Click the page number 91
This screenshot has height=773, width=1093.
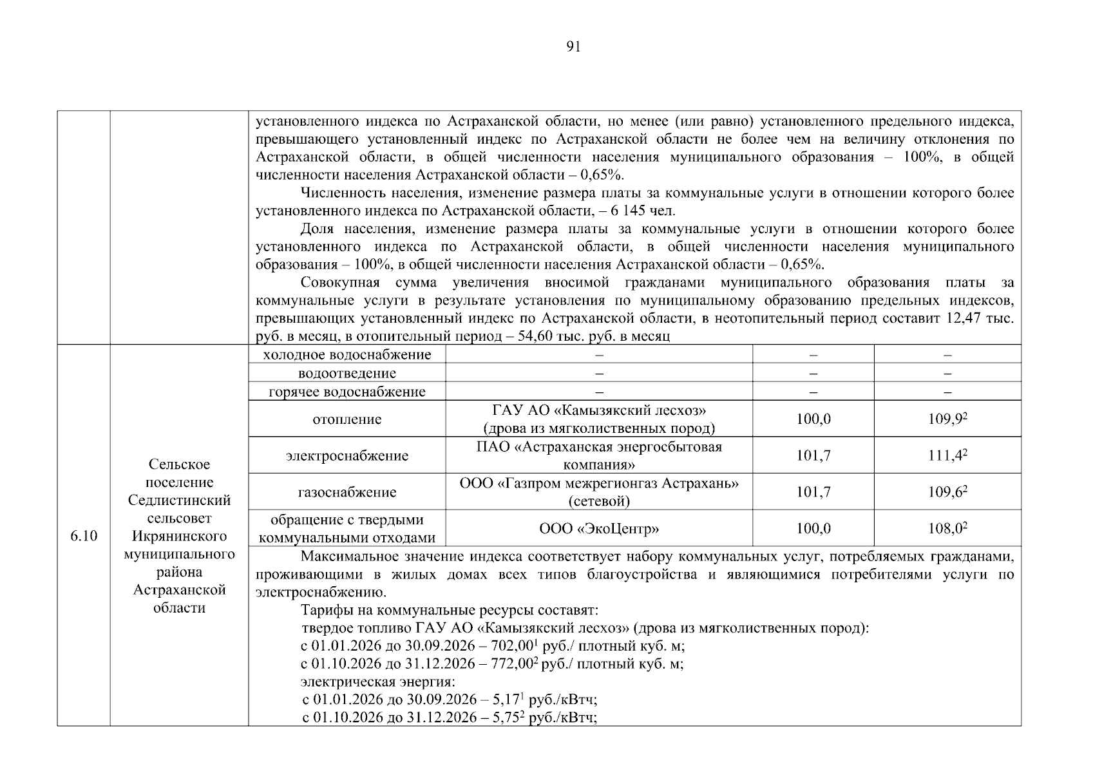(573, 46)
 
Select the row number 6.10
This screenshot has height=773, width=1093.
(84, 536)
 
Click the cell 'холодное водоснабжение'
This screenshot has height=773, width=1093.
(347, 355)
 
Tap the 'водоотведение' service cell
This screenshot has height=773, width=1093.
(347, 374)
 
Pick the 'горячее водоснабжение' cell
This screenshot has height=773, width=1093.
(347, 392)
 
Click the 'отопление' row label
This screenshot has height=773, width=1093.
(347, 419)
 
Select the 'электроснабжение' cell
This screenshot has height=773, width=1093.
(347, 456)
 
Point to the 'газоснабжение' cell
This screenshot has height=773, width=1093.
(347, 493)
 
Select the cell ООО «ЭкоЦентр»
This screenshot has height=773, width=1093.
(599, 529)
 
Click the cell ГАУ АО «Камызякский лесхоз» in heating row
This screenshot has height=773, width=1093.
(599, 410)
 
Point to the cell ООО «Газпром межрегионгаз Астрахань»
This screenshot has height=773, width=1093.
(599, 484)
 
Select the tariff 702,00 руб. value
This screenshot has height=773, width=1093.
(513, 646)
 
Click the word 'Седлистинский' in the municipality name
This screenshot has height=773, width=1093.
(180, 501)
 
